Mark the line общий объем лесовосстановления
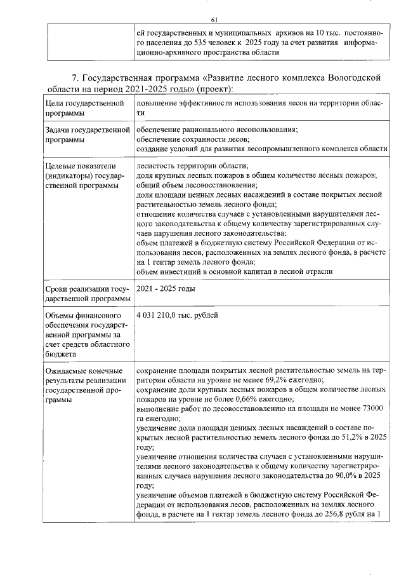[195, 185]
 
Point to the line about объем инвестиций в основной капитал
[234, 271]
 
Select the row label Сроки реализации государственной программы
[86, 294]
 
